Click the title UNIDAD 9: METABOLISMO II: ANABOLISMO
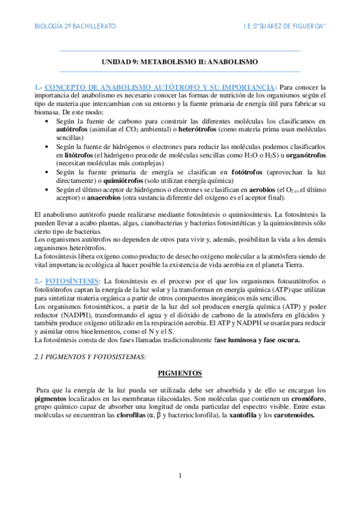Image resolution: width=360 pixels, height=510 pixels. pos(180,62)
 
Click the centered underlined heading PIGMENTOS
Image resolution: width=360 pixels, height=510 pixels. pos(180,373)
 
